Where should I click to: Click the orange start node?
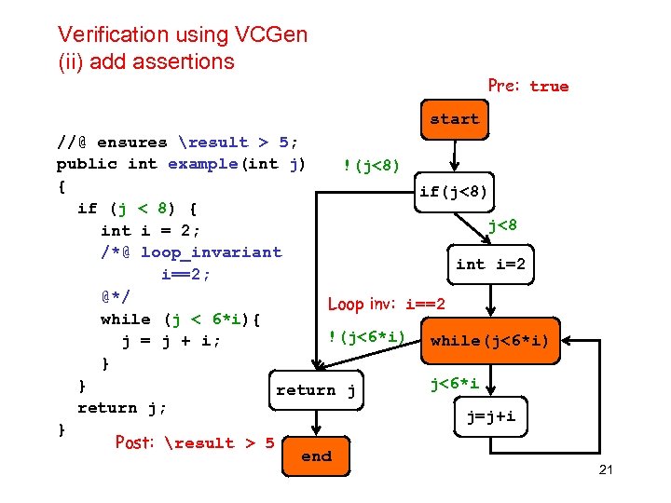(x=454, y=120)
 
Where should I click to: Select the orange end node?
(x=316, y=456)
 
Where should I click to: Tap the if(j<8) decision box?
(x=453, y=193)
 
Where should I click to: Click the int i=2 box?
(x=490, y=265)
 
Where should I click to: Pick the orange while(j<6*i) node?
(x=489, y=341)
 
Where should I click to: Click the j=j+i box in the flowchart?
(x=490, y=417)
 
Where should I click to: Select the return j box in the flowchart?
(x=315, y=390)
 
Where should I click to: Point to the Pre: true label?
(x=527, y=86)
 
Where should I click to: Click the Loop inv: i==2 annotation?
(x=386, y=305)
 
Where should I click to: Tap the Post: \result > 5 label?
(x=194, y=442)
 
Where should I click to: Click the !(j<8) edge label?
(x=371, y=166)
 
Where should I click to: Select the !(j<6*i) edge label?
(x=365, y=336)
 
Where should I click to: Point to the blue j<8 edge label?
(x=502, y=224)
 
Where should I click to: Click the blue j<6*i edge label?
(x=454, y=383)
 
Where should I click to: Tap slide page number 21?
(x=605, y=469)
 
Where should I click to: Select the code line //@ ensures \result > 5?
(x=177, y=143)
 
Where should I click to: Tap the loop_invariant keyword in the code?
(x=211, y=251)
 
